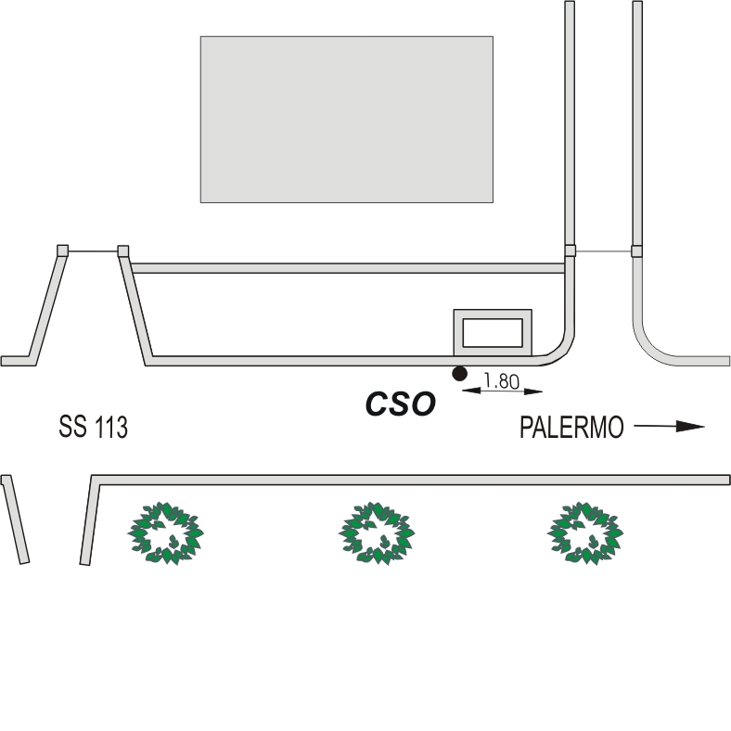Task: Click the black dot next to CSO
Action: click(x=458, y=373)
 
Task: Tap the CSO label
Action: click(x=400, y=404)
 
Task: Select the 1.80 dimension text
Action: click(x=501, y=380)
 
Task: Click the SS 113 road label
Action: click(x=93, y=428)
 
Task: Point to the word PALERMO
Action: click(x=571, y=428)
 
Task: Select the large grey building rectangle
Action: click(x=346, y=119)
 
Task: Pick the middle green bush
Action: click(x=377, y=533)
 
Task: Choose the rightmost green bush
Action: click(x=585, y=533)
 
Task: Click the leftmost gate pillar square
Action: click(x=62, y=250)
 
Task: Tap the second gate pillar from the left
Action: click(x=122, y=250)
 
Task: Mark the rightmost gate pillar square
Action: click(x=637, y=250)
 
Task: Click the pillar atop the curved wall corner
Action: click(x=571, y=250)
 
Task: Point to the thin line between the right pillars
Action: click(x=604, y=250)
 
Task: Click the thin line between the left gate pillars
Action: click(x=93, y=250)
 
